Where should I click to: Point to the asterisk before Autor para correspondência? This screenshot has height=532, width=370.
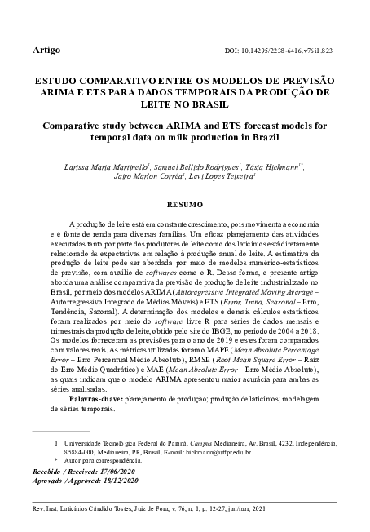point(56,461)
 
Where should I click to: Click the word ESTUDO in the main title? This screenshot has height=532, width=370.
point(57,82)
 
